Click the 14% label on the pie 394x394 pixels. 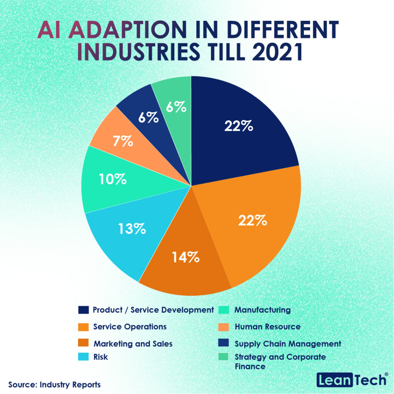click(185, 257)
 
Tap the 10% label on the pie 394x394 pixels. click(112, 180)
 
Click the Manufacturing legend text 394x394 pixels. click(262, 309)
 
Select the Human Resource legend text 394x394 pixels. click(267, 327)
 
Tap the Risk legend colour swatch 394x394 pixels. click(83, 357)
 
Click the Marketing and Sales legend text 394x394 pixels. click(133, 344)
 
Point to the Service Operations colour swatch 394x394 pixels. click(83, 327)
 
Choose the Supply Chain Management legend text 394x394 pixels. click(288, 343)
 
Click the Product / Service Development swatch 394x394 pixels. click(83, 310)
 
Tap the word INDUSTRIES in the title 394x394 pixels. click(150, 52)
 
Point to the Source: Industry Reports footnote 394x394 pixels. click(54, 384)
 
